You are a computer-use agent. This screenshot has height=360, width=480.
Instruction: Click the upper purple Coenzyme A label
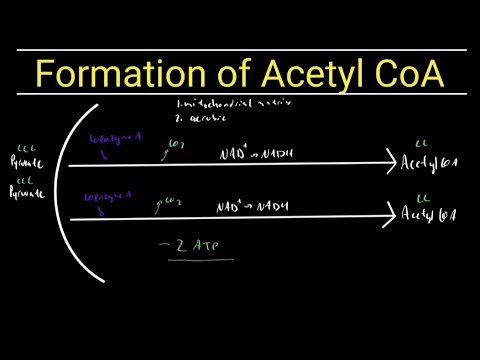point(111,142)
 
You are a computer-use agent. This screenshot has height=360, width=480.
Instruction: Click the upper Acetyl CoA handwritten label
point(428,163)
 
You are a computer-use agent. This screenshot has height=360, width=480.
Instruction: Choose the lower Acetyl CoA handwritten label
point(428,213)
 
